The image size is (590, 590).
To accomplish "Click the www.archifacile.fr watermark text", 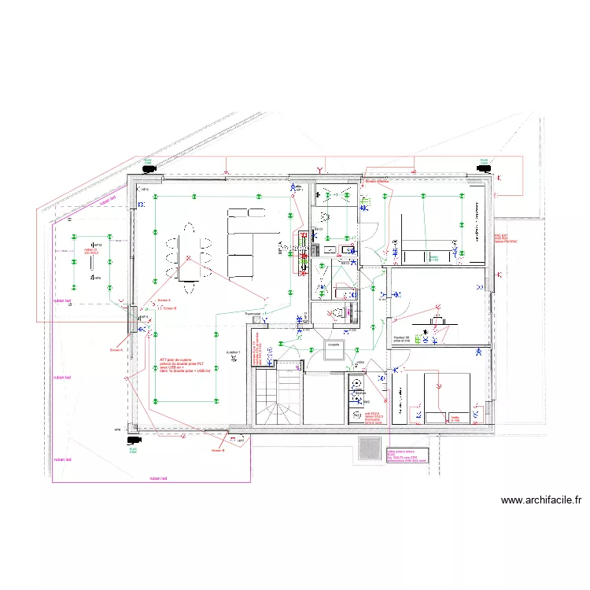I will pyautogui.click(x=540, y=500).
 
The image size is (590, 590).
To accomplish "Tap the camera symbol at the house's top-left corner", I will pyautogui.click(x=147, y=168).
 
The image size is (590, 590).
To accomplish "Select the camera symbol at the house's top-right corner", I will pyautogui.click(x=485, y=168).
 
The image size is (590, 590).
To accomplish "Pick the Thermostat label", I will pyautogui.click(x=253, y=315).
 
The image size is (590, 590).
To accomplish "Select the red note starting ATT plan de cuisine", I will pyautogui.click(x=183, y=365).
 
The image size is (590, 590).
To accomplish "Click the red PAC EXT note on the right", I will pyautogui.click(x=504, y=238).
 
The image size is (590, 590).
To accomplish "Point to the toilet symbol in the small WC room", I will pyautogui.click(x=339, y=312).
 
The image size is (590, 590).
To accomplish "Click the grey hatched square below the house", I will pyautogui.click(x=369, y=448).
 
